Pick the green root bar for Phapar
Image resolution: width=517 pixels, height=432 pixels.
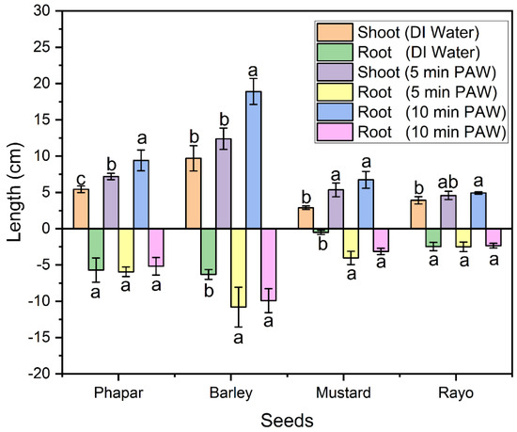[x=96, y=248]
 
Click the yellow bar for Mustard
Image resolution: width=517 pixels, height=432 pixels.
[x=351, y=243]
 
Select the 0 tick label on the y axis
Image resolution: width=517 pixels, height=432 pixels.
[x=43, y=229]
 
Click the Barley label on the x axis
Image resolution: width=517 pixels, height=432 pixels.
[x=223, y=390]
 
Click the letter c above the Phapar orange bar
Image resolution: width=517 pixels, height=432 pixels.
[x=81, y=178]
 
